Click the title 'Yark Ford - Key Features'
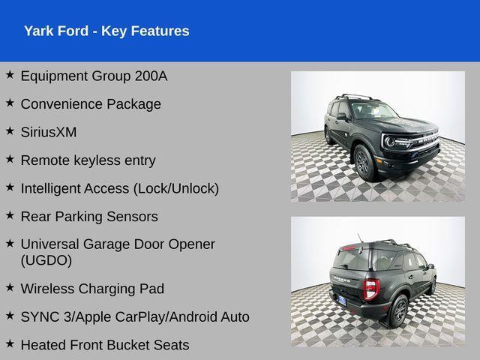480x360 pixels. pos(106,31)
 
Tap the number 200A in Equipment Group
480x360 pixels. pos(150,76)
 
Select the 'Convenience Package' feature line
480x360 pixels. pos(91,104)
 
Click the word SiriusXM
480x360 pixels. pos(49,132)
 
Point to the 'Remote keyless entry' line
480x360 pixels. pos(88,160)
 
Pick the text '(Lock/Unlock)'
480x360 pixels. pos(176,188)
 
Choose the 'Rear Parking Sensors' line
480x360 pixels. pos(89,217)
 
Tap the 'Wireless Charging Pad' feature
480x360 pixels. pos(92,289)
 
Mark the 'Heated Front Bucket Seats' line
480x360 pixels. pos(105,345)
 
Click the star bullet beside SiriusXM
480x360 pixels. pos(10,130)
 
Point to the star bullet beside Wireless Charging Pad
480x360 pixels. pos(10,287)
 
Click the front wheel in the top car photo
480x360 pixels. pos(362,162)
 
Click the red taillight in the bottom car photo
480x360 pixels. pos(370,288)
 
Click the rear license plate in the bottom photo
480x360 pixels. pos(342,299)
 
